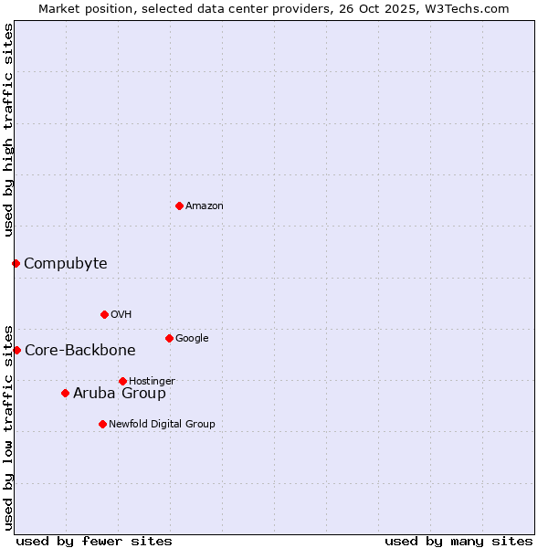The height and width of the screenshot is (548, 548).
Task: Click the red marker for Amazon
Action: pyautogui.click(x=179, y=205)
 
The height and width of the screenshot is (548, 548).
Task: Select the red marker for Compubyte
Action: pyautogui.click(x=16, y=263)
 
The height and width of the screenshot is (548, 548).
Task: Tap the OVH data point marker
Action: pyautogui.click(x=104, y=314)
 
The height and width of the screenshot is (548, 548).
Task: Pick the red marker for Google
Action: pyautogui.click(x=169, y=338)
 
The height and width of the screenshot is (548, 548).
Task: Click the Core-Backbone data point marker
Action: pyautogui.click(x=16, y=350)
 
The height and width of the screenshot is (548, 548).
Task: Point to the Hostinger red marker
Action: pyautogui.click(x=122, y=381)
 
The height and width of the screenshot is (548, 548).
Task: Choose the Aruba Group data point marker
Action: pyautogui.click(x=65, y=393)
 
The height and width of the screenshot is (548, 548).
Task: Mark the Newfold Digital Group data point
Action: pyautogui.click(x=102, y=424)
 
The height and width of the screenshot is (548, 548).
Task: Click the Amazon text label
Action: pyautogui.click(x=205, y=206)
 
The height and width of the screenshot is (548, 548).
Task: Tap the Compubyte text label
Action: pyautogui.click(x=65, y=264)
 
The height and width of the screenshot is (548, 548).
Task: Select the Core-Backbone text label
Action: pyautogui.click(x=79, y=351)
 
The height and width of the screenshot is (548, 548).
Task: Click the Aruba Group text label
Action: pyautogui.click(x=120, y=394)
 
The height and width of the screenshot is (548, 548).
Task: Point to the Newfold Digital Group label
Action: pyautogui.click(x=162, y=424)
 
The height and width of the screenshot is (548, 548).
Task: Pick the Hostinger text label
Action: pyautogui.click(x=152, y=381)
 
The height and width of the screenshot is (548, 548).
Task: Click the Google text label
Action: pyautogui.click(x=192, y=339)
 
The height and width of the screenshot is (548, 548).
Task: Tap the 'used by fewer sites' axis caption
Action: pyautogui.click(x=94, y=542)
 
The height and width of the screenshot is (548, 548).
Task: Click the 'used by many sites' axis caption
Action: pyautogui.click(x=458, y=542)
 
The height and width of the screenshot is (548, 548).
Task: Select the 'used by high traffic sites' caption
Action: pyautogui.click(x=9, y=131)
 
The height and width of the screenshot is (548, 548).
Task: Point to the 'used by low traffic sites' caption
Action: pyautogui.click(x=9, y=427)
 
